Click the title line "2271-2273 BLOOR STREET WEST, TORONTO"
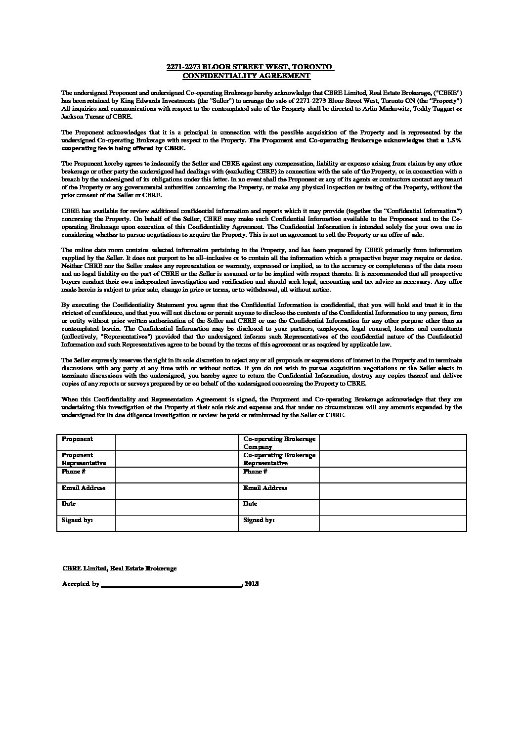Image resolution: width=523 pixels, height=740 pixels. tap(250, 67)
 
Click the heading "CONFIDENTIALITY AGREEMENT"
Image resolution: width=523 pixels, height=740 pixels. tap(246, 76)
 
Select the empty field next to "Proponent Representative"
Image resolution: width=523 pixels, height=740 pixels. tap(176, 459)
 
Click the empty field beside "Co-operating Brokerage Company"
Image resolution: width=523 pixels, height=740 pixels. tap(392, 442)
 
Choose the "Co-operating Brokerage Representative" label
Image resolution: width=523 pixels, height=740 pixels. tap(279, 459)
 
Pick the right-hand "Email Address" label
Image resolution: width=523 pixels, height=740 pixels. tap(265, 488)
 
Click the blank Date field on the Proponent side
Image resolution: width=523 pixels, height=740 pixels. tap(176, 507)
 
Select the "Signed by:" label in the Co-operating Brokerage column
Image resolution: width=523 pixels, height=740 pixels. tap(259, 520)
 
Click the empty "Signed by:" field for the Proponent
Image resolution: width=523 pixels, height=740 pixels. tap(176, 523)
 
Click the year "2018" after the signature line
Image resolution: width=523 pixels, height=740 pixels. tap(252, 584)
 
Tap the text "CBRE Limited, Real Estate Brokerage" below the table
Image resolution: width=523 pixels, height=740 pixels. tap(120, 568)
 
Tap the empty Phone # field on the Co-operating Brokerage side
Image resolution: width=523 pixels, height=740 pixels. tap(392, 475)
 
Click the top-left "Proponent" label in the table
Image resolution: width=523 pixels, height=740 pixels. tap(77, 439)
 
